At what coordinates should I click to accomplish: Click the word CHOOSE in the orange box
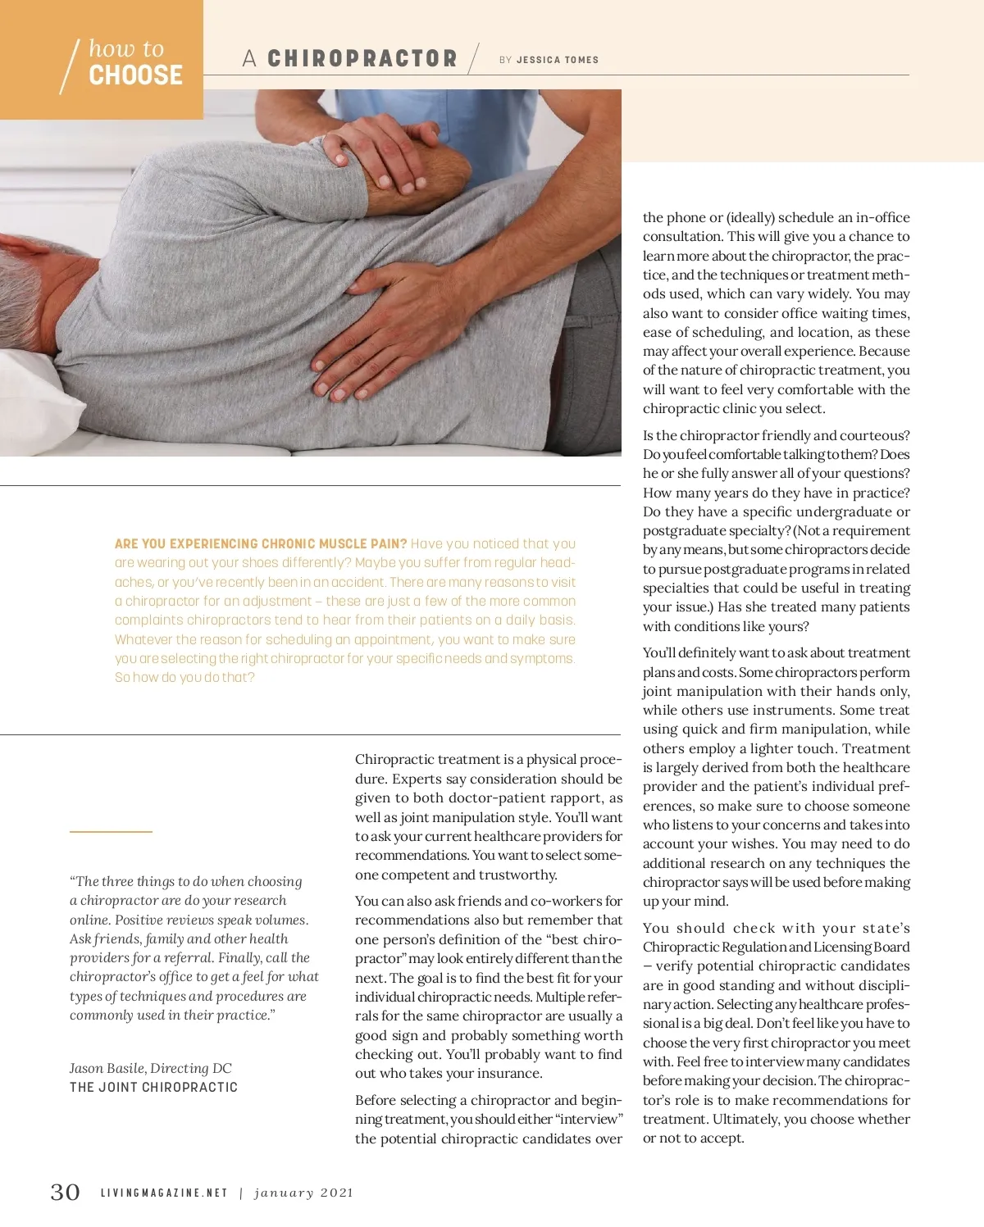click(135, 75)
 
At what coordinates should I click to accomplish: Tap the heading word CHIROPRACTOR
click(362, 59)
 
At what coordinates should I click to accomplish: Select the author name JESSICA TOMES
click(558, 60)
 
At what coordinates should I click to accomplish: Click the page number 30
click(66, 1192)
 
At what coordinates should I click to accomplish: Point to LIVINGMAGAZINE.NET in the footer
click(164, 1193)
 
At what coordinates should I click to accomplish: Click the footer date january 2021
click(303, 1193)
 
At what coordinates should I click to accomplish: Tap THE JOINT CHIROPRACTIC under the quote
click(153, 1088)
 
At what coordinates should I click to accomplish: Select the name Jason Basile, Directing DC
click(151, 1068)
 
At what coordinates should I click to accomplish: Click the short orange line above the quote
click(111, 832)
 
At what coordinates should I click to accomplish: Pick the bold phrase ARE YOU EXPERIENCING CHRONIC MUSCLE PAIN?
click(261, 543)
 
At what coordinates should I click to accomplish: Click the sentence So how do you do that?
click(184, 678)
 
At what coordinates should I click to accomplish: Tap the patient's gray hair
click(20, 287)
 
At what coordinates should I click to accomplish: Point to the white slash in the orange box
click(70, 66)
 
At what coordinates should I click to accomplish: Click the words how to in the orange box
click(126, 48)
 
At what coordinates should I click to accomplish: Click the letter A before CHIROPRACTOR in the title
click(249, 59)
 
